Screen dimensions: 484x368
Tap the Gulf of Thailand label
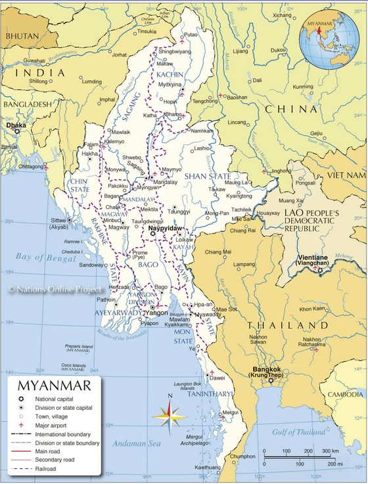(300, 432)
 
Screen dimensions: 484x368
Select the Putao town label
(191, 34)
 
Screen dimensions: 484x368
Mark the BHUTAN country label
(20, 37)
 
